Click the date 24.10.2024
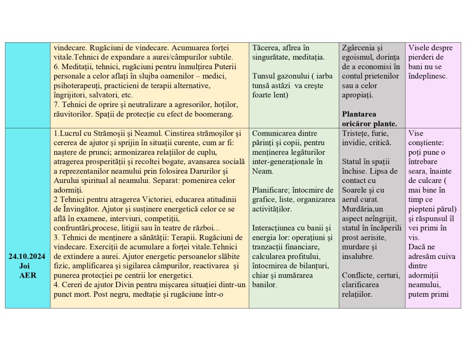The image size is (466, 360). [27, 257]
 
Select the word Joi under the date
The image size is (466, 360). [27, 266]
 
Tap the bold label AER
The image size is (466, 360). [27, 275]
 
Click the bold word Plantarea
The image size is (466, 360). [359, 114]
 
